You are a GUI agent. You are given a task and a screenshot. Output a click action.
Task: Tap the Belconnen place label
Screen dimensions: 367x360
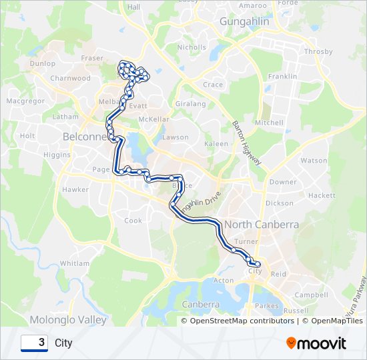coord(85,136)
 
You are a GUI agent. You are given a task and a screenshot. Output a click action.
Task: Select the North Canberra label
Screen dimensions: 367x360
coord(262,225)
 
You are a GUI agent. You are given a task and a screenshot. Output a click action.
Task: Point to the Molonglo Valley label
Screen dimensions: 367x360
coord(67,320)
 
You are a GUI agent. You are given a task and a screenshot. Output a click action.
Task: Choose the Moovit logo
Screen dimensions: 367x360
coord(316,343)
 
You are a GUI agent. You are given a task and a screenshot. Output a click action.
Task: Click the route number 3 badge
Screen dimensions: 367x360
coord(34,343)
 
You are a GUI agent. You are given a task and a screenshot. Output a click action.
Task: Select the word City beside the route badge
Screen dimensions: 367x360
coord(63,343)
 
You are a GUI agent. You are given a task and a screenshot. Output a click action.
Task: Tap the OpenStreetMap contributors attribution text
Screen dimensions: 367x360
coord(242,321)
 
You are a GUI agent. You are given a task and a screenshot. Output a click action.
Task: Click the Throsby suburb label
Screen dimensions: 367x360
coord(318,51)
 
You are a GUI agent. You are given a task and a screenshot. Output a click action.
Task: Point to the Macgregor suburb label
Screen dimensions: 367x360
coord(25,101)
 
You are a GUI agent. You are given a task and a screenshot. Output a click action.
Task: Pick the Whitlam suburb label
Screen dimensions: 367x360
coord(74,263)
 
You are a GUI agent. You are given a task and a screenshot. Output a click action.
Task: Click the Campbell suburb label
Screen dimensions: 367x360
coord(311,294)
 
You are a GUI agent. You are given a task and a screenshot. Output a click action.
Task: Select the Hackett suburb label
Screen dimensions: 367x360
coord(322,195)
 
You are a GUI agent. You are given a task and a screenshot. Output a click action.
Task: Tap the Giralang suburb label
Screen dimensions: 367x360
coord(190,104)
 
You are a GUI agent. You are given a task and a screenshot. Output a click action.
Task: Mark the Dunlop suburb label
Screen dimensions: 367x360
coord(43,63)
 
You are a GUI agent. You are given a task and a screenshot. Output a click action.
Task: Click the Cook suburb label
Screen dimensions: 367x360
coord(133,221)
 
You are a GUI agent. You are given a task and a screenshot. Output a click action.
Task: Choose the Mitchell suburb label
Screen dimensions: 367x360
coord(269,123)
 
